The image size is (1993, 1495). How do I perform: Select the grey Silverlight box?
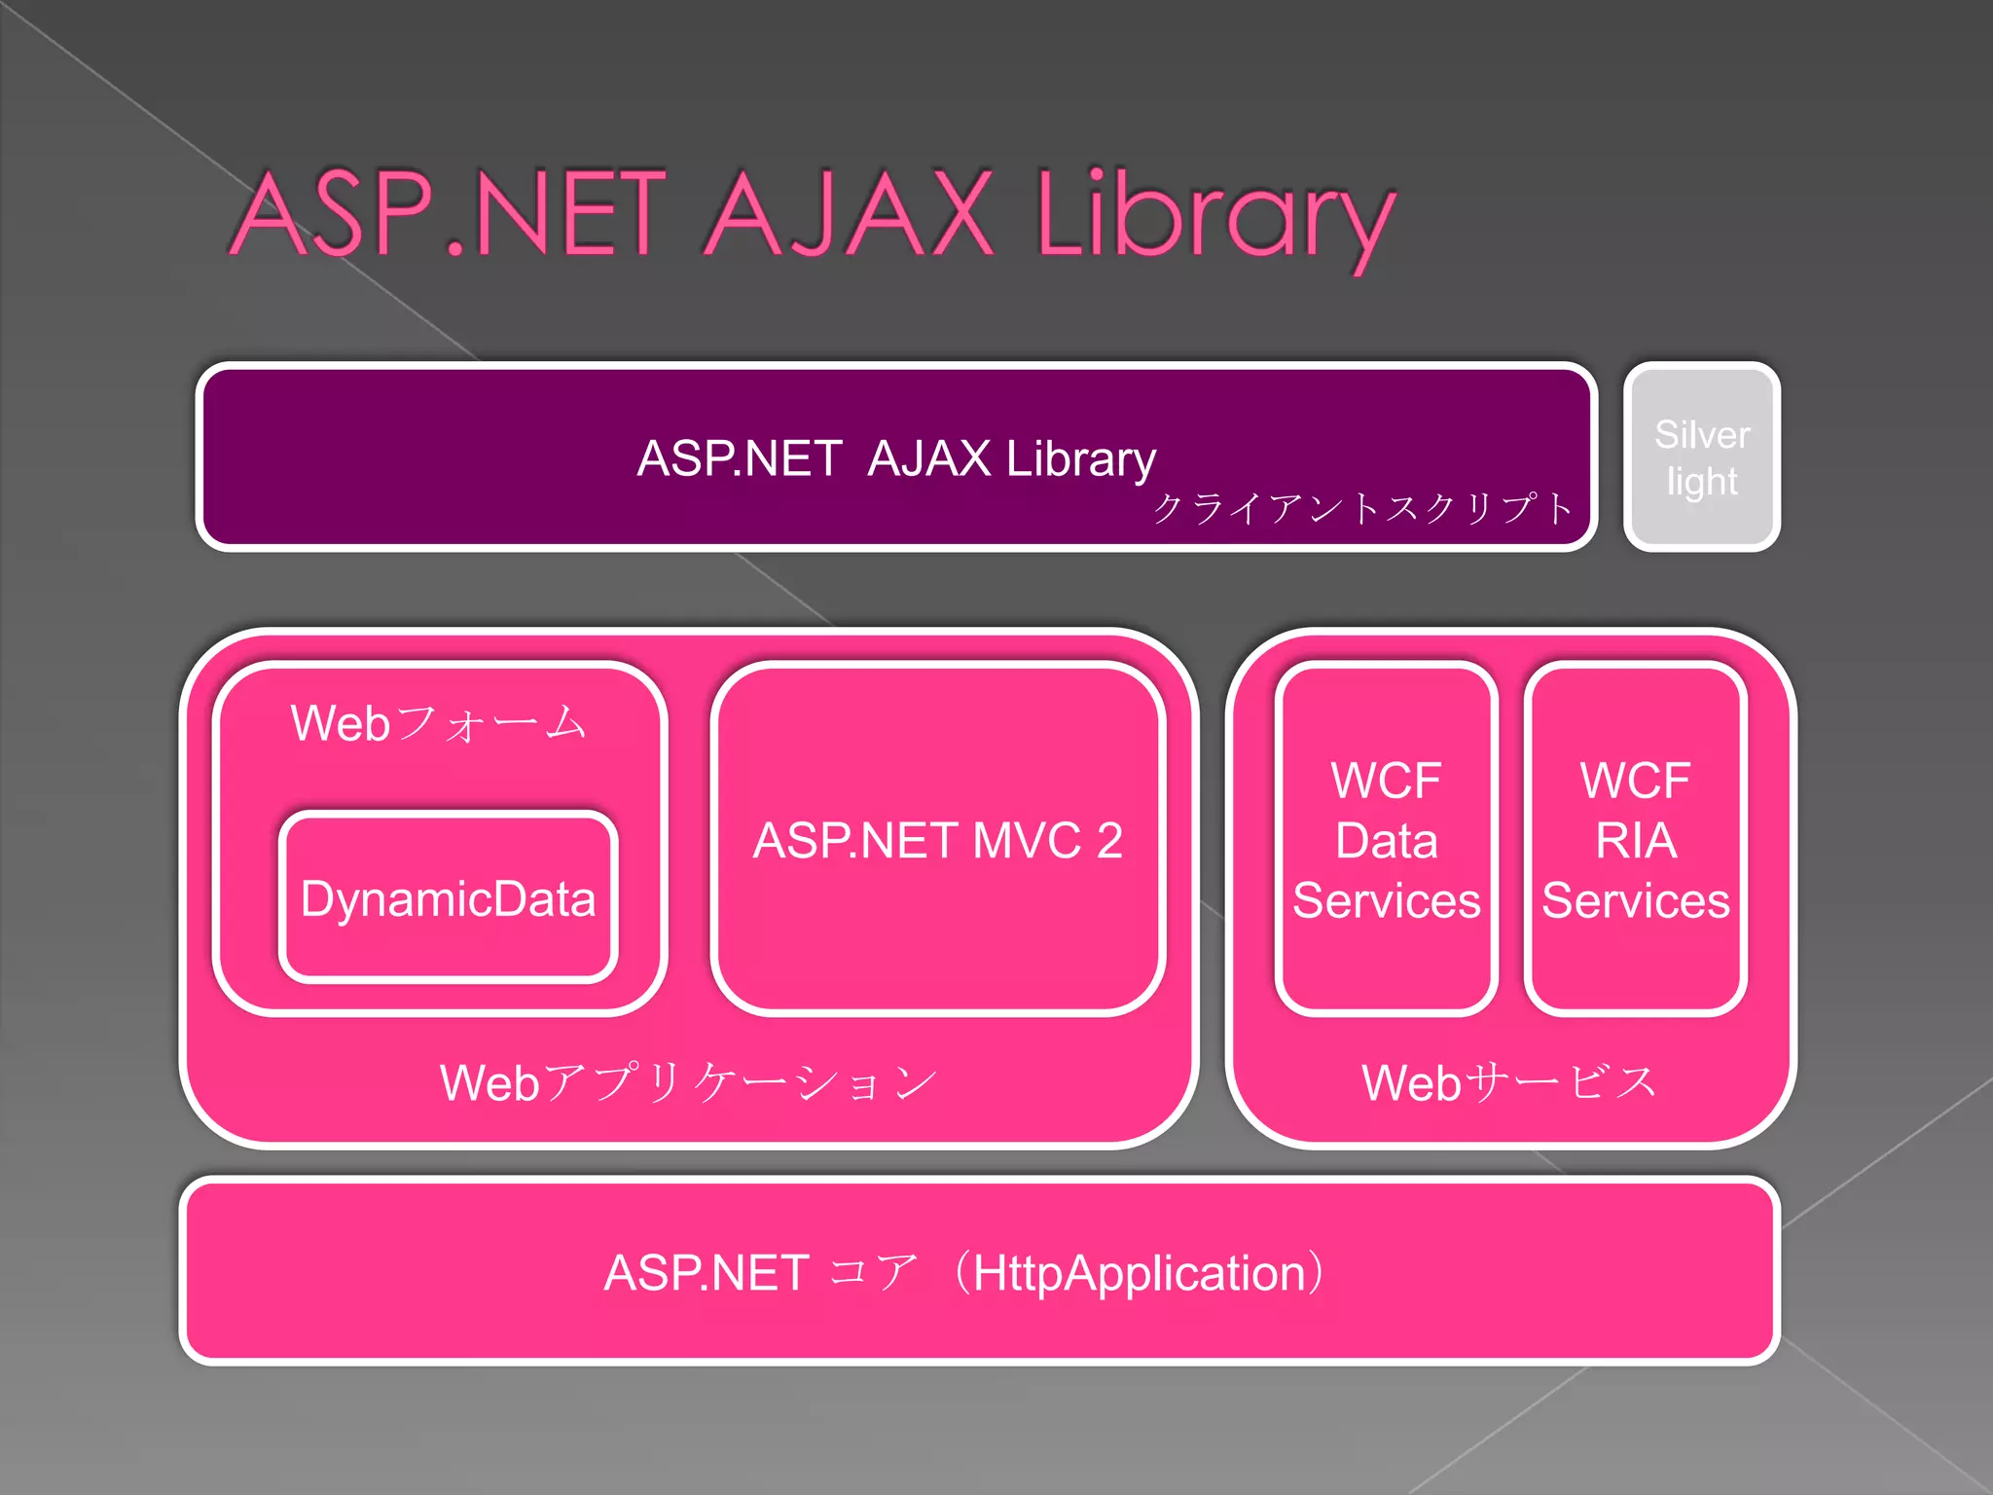pos(1702,456)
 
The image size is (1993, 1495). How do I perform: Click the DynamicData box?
pos(449,897)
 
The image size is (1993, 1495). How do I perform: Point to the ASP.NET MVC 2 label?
pos(938,840)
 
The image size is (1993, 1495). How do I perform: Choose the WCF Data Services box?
pos(1386,839)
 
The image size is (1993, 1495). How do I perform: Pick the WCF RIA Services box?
pos(1636,839)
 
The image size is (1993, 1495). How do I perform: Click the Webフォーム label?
pos(439,723)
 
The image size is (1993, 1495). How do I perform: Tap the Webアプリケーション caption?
pos(689,1082)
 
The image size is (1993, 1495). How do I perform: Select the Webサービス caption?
pos(1509,1082)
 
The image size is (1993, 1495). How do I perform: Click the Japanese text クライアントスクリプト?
pos(1362,508)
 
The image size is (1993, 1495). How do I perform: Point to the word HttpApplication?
pos(1139,1273)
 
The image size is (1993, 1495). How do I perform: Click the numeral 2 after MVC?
pos(1109,840)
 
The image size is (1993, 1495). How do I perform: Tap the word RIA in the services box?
pos(1636,840)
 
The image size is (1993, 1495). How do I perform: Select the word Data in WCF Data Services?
pos(1386,840)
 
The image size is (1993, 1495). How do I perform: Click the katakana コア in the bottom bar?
pos(874,1273)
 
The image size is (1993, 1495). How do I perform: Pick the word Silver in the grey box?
pos(1702,434)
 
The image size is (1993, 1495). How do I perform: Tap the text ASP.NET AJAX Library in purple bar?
pos(896,457)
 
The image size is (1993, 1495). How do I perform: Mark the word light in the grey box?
pos(1702,482)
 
